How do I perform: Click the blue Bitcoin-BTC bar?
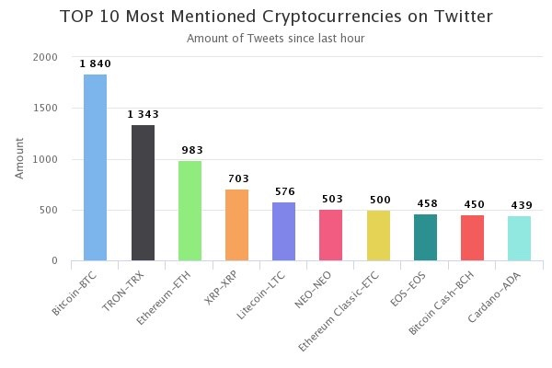click(96, 167)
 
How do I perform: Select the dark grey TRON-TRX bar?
click(143, 192)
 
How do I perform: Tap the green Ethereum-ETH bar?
click(190, 211)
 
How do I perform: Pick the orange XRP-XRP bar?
click(236, 224)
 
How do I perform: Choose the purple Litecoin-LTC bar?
click(283, 231)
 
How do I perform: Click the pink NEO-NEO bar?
click(331, 235)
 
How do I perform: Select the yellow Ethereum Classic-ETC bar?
click(378, 236)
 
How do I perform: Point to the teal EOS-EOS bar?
click(425, 237)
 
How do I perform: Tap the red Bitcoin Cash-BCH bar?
click(472, 237)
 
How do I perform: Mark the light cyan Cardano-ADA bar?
click(519, 238)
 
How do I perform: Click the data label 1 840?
click(96, 63)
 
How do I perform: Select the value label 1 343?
click(143, 114)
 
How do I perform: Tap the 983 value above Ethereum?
click(190, 150)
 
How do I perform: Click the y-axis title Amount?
click(19, 159)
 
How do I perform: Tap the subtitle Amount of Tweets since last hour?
click(276, 39)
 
